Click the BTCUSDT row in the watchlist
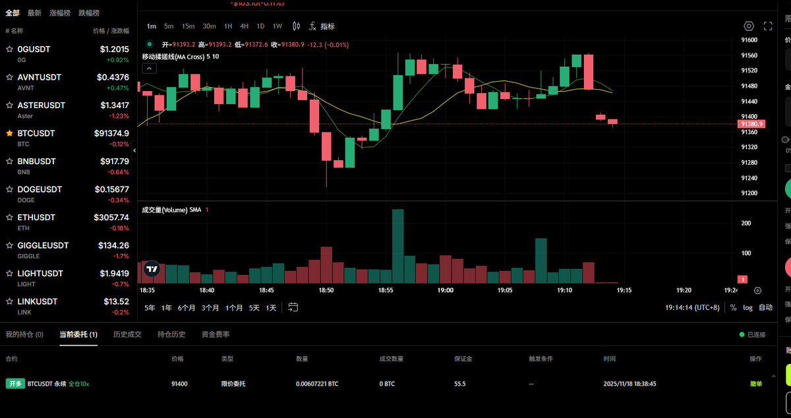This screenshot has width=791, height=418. pos(66,137)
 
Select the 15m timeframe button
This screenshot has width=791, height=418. pos(188,26)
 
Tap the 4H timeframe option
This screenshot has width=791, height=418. pos(245,26)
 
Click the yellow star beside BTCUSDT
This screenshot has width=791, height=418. pos(9,133)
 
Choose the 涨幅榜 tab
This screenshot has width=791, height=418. pos(61,13)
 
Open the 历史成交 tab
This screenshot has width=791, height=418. pos(127,334)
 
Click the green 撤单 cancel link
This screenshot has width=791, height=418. pos(755,384)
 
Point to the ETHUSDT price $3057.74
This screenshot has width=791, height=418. pos(111,218)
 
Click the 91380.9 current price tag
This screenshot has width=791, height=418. pos(751,124)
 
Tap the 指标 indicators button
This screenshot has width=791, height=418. pos(328,26)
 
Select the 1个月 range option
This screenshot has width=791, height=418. pos(234,308)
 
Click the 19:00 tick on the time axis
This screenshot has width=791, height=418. pos(445,290)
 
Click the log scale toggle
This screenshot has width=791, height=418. pos(747,308)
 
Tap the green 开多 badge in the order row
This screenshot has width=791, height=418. pos(15,384)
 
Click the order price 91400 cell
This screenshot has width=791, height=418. pos(179,384)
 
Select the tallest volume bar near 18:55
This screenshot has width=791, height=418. pos(397,246)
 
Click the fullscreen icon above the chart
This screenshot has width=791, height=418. pos(768,26)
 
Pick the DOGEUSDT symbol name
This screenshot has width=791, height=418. pos(40,189)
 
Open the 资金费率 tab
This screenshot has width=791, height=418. pos(216,334)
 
